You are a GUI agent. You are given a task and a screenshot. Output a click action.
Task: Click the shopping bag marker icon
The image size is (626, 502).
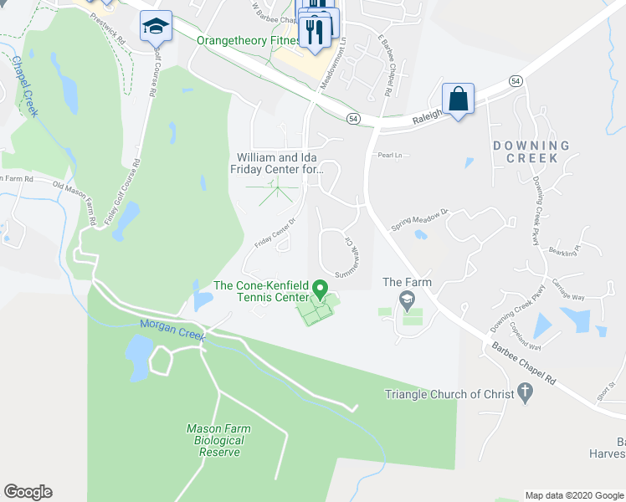click(x=458, y=99)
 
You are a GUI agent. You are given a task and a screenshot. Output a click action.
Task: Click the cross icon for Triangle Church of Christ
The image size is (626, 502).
click(x=525, y=391)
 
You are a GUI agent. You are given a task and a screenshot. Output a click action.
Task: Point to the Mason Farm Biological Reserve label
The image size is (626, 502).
click(x=218, y=440)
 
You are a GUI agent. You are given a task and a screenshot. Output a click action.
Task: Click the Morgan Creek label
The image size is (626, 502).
click(x=173, y=334)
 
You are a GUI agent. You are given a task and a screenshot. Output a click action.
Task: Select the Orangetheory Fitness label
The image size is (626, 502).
click(x=248, y=40)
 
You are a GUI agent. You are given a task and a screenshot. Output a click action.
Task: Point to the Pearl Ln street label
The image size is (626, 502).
click(x=390, y=156)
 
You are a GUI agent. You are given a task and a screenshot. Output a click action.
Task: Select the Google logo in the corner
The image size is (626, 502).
click(x=28, y=492)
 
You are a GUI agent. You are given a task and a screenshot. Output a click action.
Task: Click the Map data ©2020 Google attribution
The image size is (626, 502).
click(x=573, y=495)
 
